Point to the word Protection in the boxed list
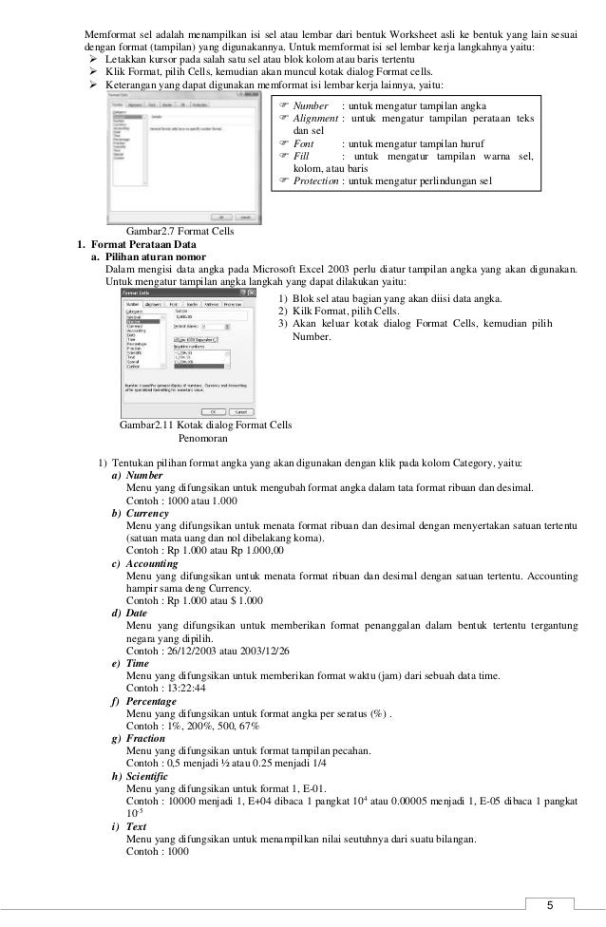pos(318,180)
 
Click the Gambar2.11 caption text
pos(205,426)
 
